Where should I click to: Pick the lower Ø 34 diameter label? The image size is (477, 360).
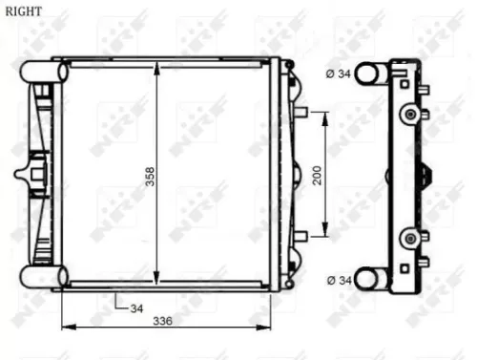point(338,280)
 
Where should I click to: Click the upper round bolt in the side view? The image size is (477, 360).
point(409,115)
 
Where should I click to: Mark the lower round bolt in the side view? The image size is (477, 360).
point(409,237)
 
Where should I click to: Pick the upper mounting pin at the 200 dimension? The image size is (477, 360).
point(300,113)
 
